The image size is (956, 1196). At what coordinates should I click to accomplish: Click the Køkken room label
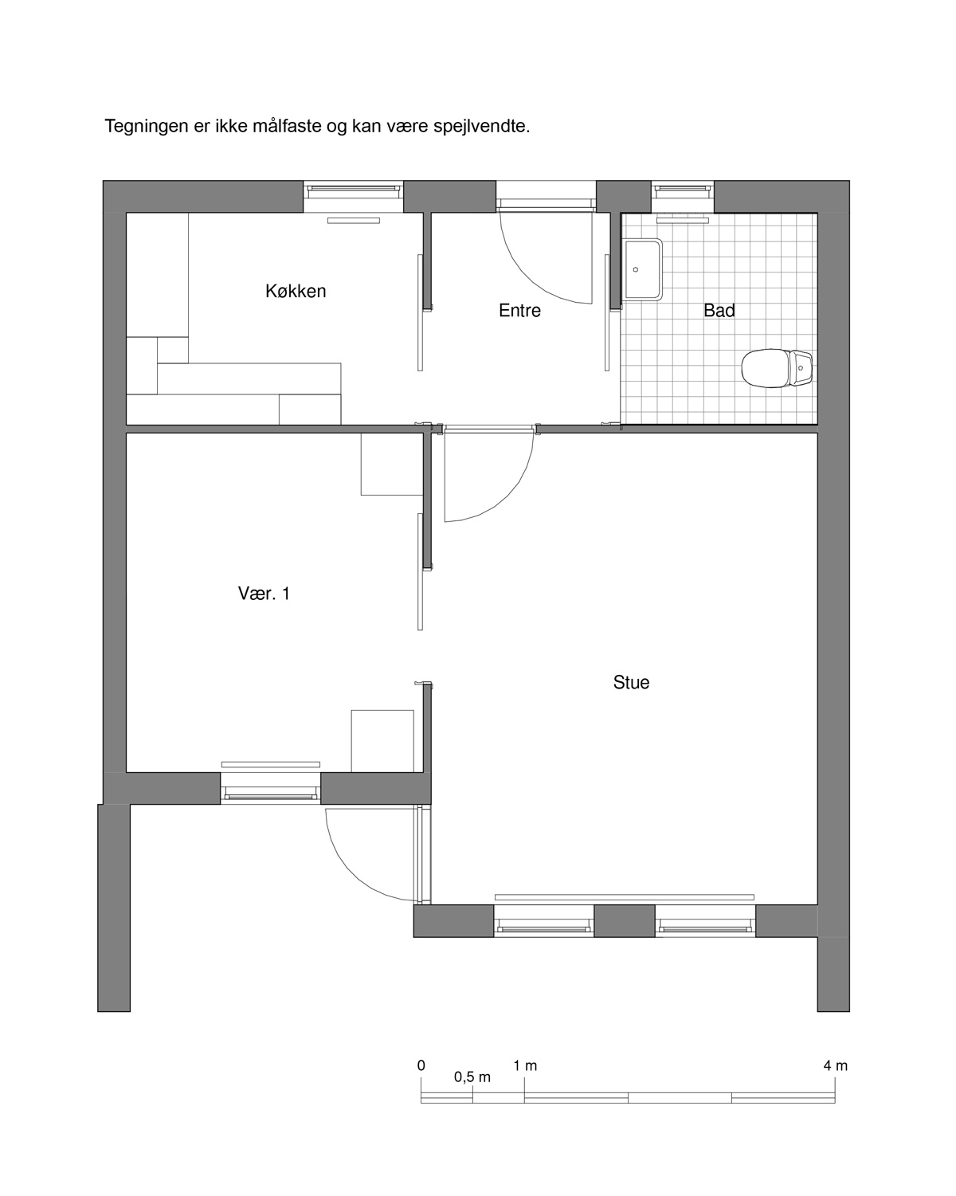[295, 291]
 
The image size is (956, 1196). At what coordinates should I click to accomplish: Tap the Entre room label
[519, 310]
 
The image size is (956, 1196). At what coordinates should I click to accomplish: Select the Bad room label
[719, 310]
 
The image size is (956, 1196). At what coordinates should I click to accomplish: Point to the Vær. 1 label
[264, 594]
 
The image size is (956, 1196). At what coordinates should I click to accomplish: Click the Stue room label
[631, 682]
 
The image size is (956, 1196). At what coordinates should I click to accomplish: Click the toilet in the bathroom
[777, 367]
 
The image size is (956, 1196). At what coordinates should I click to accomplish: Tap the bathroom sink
[643, 269]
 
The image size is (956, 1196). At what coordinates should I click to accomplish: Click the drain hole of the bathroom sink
[635, 269]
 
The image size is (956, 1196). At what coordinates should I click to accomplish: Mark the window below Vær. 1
[270, 789]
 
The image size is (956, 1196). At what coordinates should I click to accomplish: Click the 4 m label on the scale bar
[836, 1065]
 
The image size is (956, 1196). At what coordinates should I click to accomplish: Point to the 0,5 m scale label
[472, 1077]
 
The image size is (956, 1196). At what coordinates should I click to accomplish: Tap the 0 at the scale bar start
[421, 1065]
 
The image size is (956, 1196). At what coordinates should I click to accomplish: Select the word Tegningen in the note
[147, 127]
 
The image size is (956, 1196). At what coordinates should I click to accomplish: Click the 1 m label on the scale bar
[525, 1065]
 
